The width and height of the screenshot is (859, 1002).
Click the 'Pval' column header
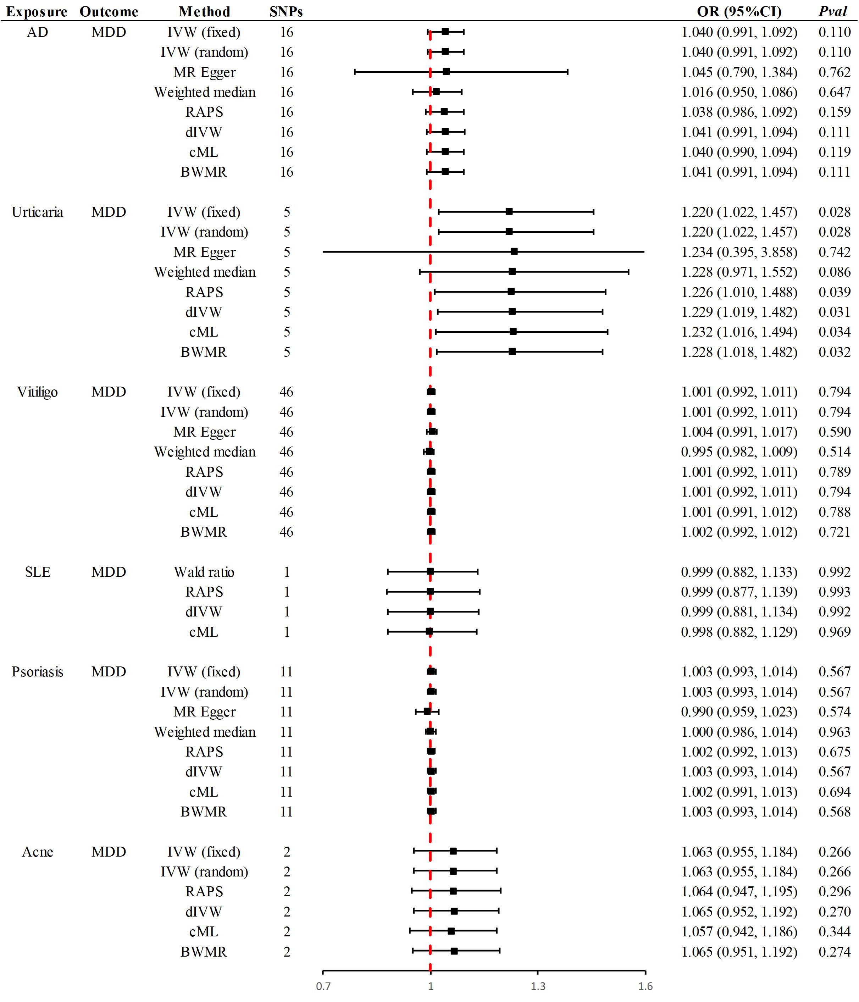[x=833, y=11]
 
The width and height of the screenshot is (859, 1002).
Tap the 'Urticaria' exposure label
[x=37, y=212]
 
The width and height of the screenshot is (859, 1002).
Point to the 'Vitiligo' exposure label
[x=37, y=392]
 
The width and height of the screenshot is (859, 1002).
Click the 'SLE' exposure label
[x=37, y=572]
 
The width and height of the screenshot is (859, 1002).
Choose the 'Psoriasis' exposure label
[x=37, y=672]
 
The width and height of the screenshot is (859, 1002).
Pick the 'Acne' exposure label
[x=37, y=852]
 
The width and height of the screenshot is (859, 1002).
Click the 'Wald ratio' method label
[x=204, y=572]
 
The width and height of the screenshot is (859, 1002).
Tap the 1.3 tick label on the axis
[x=538, y=986]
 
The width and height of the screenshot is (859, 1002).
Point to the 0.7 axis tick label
[x=323, y=986]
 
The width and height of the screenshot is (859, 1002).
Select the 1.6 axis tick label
[x=645, y=986]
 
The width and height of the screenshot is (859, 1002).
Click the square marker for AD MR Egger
[x=446, y=72]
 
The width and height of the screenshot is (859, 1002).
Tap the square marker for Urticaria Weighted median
[x=512, y=272]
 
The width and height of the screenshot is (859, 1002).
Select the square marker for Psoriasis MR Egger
[x=427, y=712]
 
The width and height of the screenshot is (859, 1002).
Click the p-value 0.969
[x=834, y=632]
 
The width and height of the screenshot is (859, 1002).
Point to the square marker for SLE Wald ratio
[x=430, y=572]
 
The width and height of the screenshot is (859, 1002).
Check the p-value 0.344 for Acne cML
[x=834, y=931]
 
